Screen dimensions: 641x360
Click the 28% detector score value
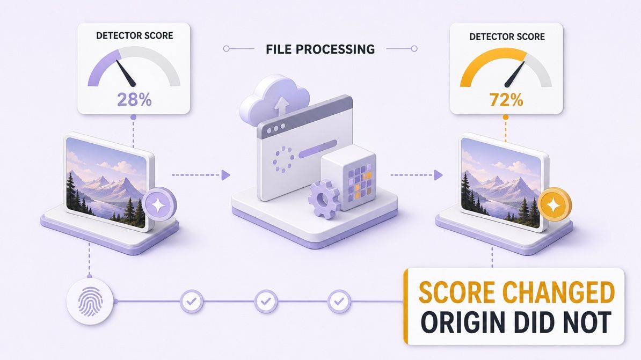134,99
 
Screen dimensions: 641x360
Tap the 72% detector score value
506,100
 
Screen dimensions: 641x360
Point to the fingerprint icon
90,302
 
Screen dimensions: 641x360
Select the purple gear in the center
324,200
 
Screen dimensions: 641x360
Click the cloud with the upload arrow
274,100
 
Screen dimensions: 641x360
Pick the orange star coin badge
555,204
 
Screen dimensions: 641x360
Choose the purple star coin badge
159,204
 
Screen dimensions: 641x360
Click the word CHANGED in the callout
558,292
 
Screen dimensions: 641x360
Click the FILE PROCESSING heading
320,49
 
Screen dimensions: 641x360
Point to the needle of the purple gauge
126,73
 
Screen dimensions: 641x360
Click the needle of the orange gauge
514,75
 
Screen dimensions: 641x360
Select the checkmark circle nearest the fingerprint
192,302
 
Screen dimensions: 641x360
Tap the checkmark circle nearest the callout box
339,302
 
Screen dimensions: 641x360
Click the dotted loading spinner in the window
283,159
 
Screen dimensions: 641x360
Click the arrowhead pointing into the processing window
225,175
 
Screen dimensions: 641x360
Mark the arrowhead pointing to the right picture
438,175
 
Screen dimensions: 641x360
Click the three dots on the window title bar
276,129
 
